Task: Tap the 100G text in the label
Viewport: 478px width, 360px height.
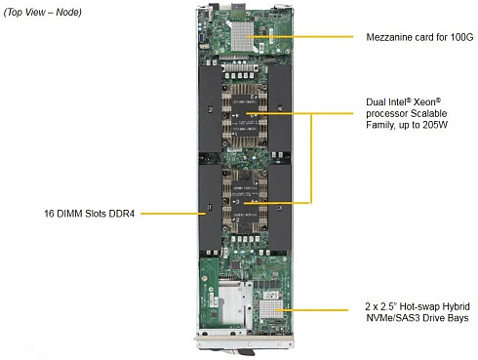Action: [x=461, y=37]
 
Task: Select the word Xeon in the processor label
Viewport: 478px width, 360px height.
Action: [x=427, y=102]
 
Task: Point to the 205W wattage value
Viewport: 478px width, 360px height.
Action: [x=435, y=125]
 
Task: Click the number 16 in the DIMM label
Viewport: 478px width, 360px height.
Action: [x=49, y=214]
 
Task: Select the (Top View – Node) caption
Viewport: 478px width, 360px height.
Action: [x=42, y=13]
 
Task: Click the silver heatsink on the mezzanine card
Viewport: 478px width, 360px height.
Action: [x=242, y=35]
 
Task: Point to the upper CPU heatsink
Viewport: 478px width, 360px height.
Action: [x=244, y=116]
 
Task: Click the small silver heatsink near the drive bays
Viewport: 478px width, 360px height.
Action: [x=271, y=309]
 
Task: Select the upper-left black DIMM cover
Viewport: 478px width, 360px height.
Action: [x=210, y=109]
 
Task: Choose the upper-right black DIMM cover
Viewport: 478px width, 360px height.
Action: [x=280, y=108]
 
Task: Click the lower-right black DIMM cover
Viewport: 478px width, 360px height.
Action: [x=280, y=207]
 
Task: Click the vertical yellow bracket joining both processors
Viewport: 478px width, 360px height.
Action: [x=311, y=158]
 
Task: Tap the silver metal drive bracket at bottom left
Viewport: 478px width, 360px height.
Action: [x=235, y=304]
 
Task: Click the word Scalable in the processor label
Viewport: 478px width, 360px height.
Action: [x=429, y=113]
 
